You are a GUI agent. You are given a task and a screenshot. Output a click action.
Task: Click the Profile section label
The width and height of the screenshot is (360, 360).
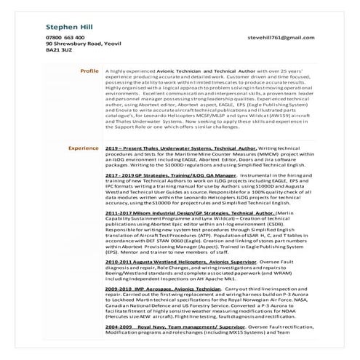pos(89,71)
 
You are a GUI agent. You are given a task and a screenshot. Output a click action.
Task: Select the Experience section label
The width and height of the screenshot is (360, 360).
pos(84,147)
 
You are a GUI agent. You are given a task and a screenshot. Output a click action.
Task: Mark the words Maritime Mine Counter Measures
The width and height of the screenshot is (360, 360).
pos(196,153)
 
